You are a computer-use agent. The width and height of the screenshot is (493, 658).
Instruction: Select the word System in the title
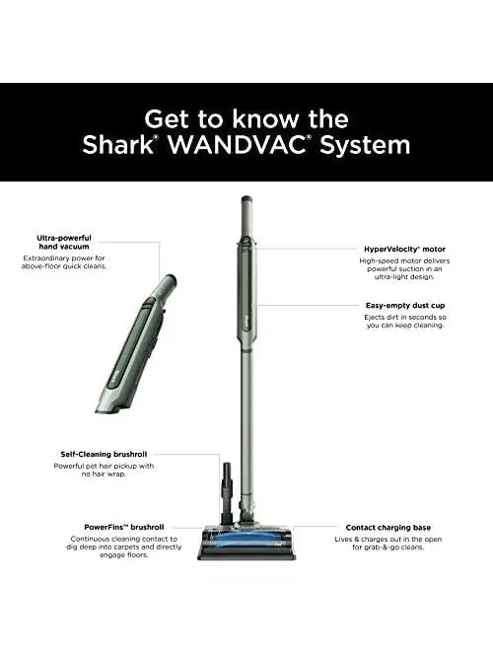point(375,145)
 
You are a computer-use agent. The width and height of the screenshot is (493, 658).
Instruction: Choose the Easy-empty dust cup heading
point(404,306)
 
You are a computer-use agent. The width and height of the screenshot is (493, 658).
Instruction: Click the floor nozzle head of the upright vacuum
point(246,541)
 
